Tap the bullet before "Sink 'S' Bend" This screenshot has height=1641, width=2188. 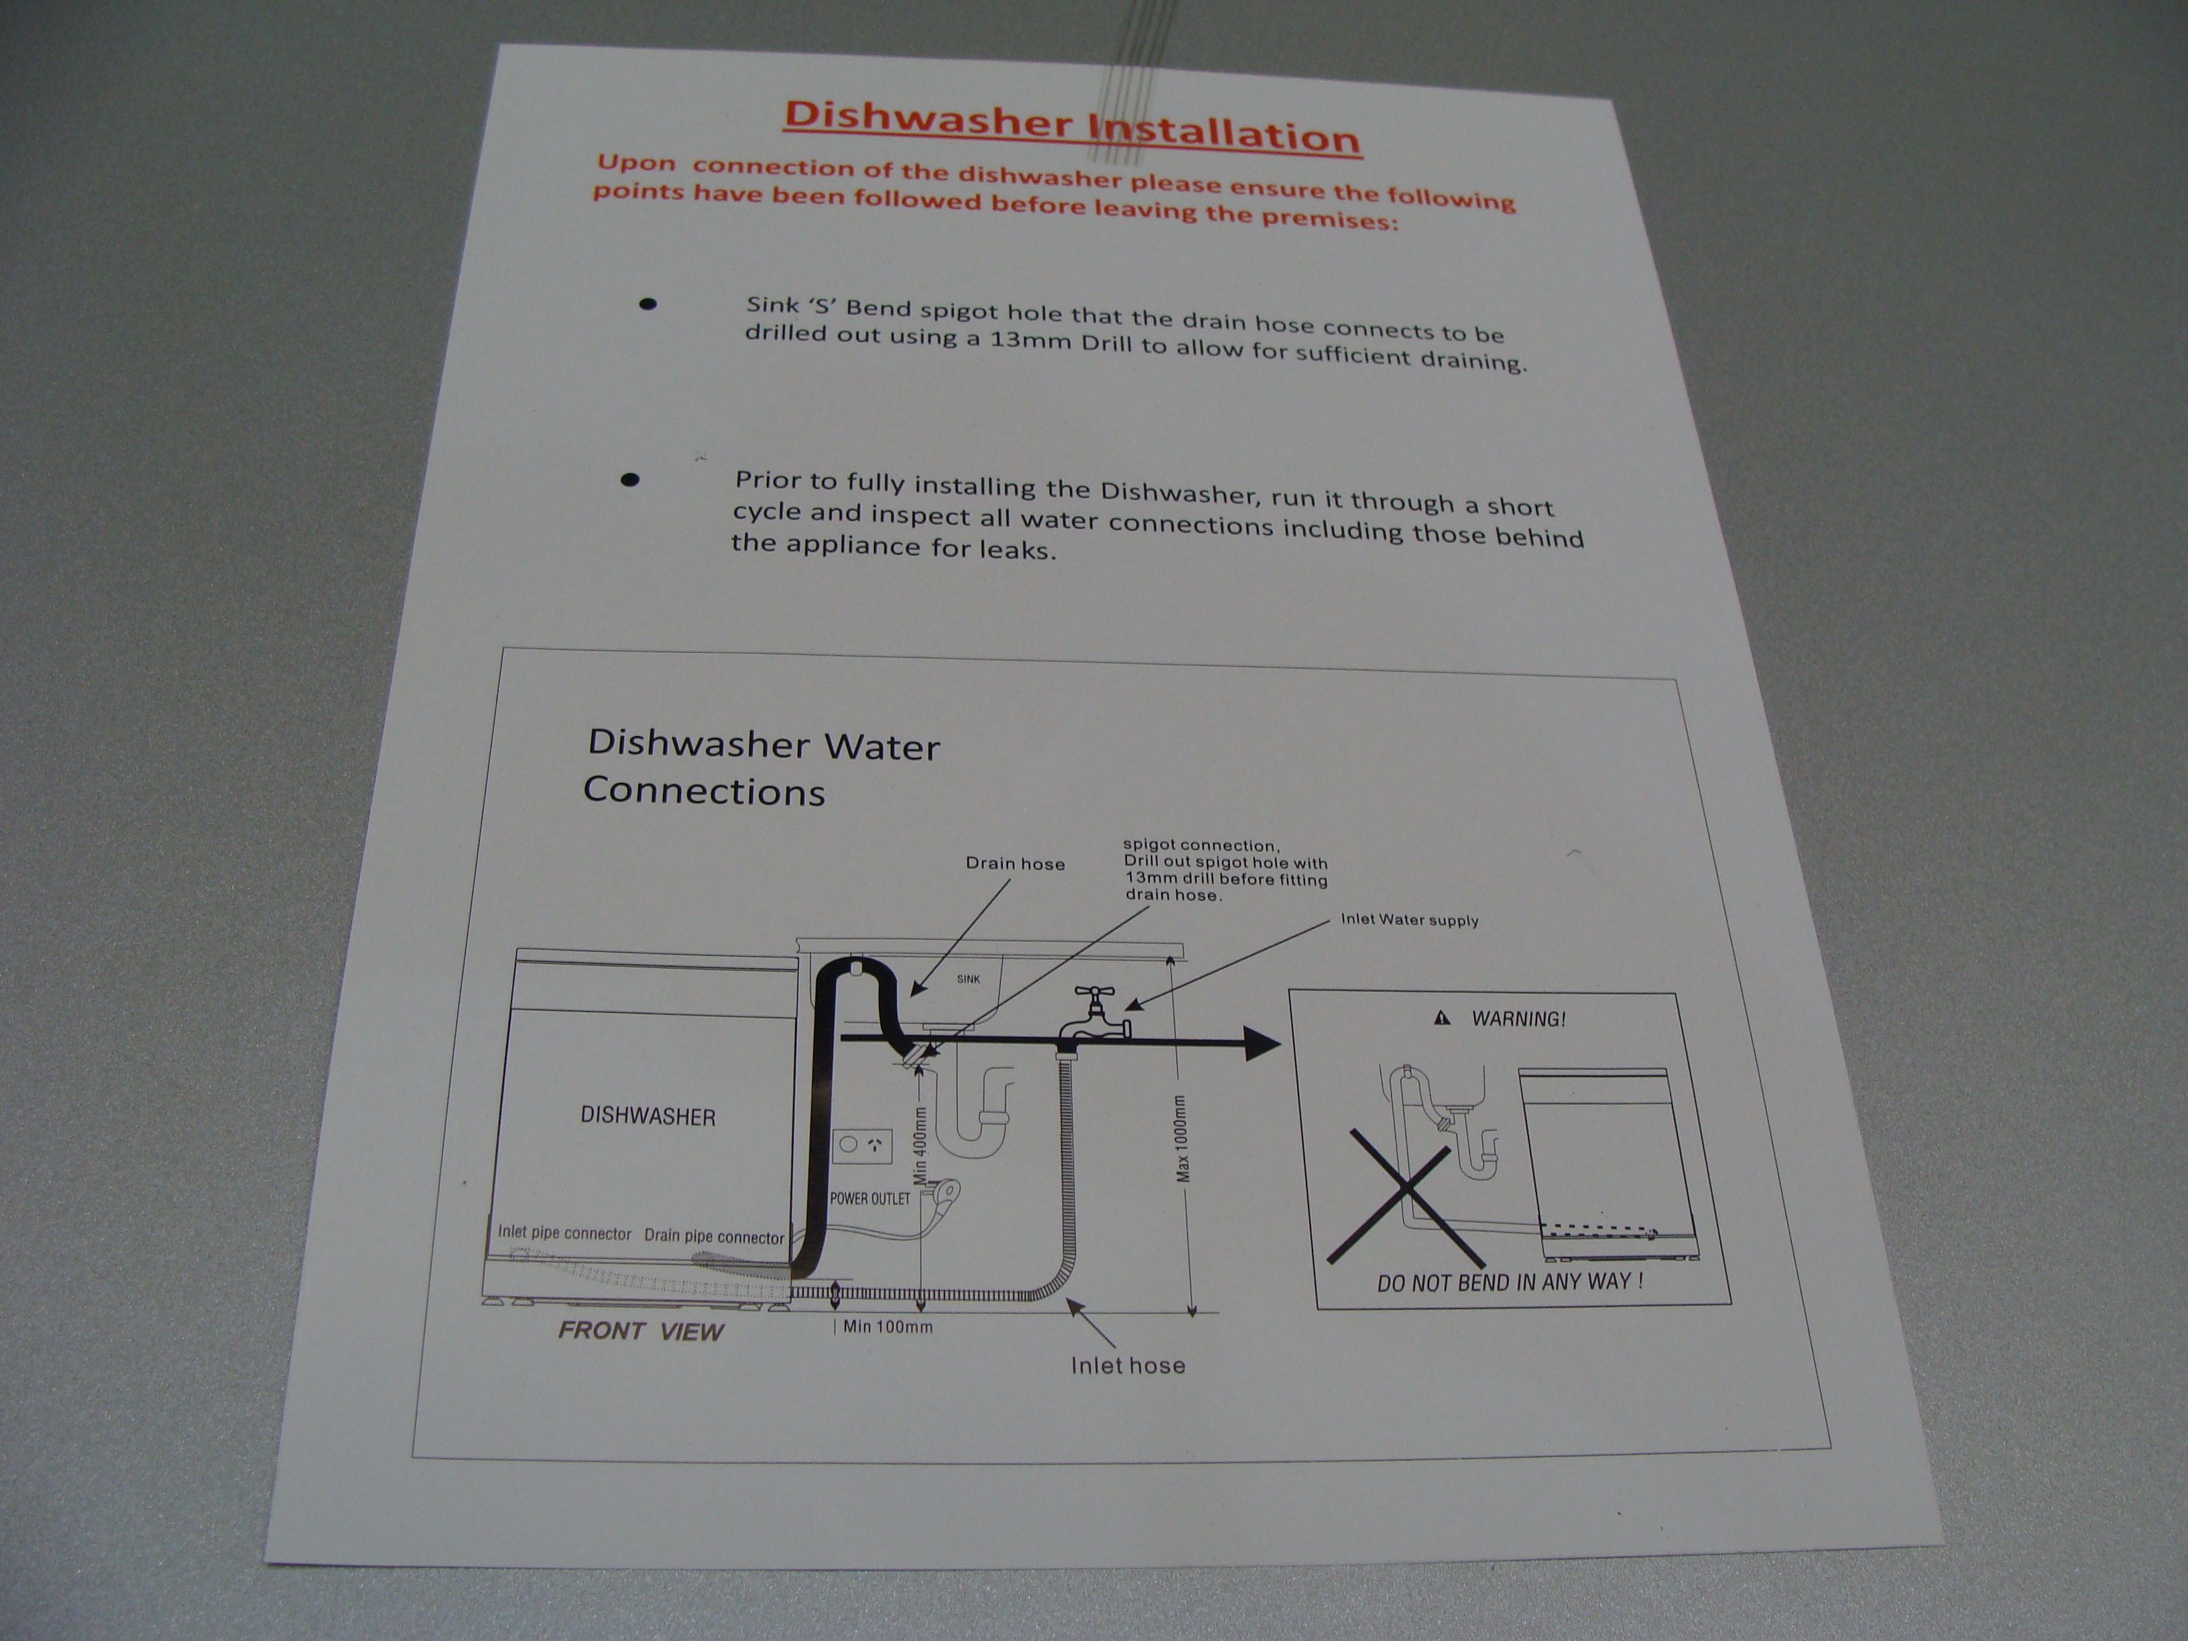(648, 304)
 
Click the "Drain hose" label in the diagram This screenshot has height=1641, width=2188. (1015, 863)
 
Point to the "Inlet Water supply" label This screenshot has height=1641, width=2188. (1410, 920)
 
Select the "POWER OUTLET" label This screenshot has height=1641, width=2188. (869, 1199)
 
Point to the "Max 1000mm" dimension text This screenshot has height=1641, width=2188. (1184, 1138)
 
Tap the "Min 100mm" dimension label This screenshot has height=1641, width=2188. (888, 1327)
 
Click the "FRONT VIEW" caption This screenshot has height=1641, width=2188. (641, 1331)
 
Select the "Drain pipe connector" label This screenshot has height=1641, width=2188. (714, 1236)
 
